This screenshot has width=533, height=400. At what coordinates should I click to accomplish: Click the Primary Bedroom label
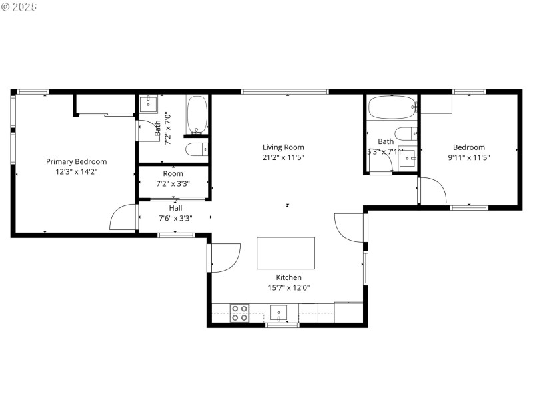(x=76, y=161)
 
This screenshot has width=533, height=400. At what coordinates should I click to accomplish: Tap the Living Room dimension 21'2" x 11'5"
(x=283, y=158)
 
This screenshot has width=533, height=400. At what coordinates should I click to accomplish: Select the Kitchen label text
(x=288, y=277)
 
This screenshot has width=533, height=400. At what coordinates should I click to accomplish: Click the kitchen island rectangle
(x=286, y=253)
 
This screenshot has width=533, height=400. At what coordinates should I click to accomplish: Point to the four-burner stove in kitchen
(x=239, y=313)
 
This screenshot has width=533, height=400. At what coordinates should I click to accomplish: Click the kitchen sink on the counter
(x=278, y=311)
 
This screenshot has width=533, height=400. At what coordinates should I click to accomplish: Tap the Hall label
(x=175, y=207)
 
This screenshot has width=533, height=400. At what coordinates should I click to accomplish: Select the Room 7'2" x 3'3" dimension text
(x=173, y=183)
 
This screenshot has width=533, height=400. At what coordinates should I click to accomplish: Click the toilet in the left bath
(x=195, y=149)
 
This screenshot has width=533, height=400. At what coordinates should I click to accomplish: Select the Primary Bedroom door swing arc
(x=121, y=218)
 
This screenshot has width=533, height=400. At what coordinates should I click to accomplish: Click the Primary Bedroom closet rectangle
(x=105, y=105)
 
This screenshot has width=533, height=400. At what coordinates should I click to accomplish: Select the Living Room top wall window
(x=284, y=91)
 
